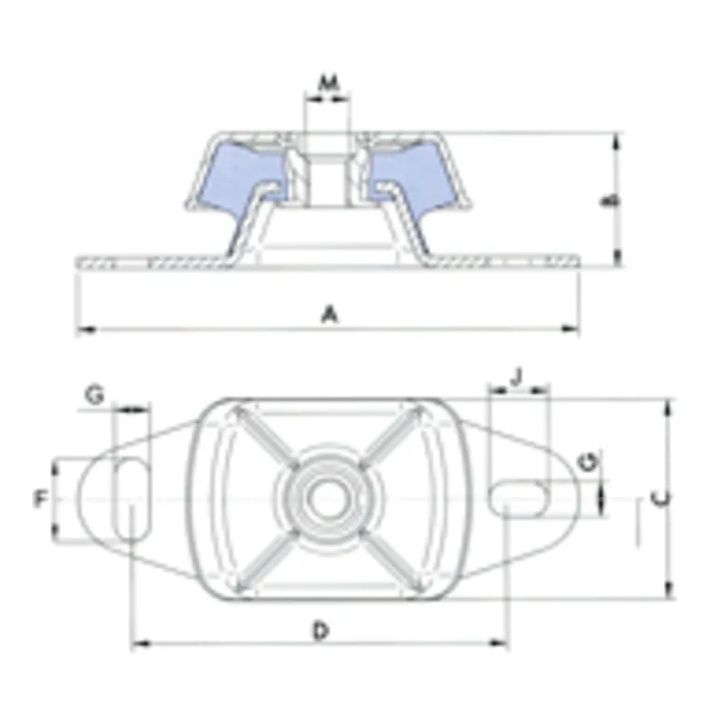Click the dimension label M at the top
click(x=329, y=83)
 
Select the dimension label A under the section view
click(x=329, y=313)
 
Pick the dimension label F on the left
click(x=41, y=500)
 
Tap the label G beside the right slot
click(x=587, y=461)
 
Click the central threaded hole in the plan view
click(x=327, y=499)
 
